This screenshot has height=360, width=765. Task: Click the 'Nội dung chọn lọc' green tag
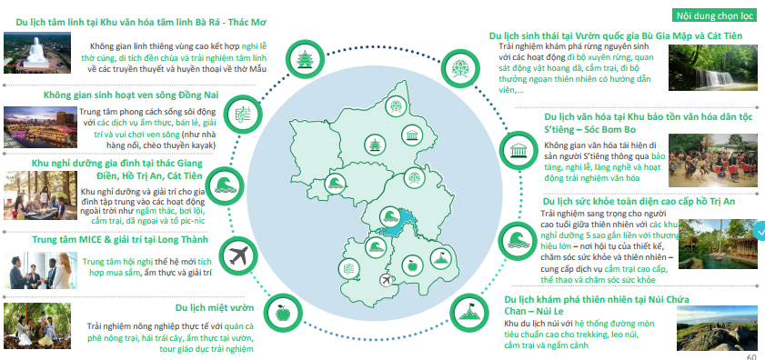click(714, 15)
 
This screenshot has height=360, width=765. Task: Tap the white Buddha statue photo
click(37, 53)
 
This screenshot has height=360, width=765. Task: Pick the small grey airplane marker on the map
click(387, 281)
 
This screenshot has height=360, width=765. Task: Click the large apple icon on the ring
click(283, 313)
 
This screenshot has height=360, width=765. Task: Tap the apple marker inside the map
click(412, 265)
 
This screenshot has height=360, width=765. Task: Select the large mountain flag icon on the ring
click(468, 313)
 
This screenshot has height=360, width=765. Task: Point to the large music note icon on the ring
click(244, 115)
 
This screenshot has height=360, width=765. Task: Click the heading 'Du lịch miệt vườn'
click(215, 307)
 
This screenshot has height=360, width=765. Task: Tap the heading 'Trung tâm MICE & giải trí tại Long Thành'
click(120, 239)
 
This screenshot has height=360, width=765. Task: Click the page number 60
click(751, 357)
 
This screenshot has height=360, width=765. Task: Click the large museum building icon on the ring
click(518, 150)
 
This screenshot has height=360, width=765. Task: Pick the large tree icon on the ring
click(459, 68)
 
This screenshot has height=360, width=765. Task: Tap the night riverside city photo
click(40, 127)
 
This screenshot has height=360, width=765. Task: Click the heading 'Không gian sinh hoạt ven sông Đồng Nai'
click(131, 95)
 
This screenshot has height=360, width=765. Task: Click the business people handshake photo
click(40, 270)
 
